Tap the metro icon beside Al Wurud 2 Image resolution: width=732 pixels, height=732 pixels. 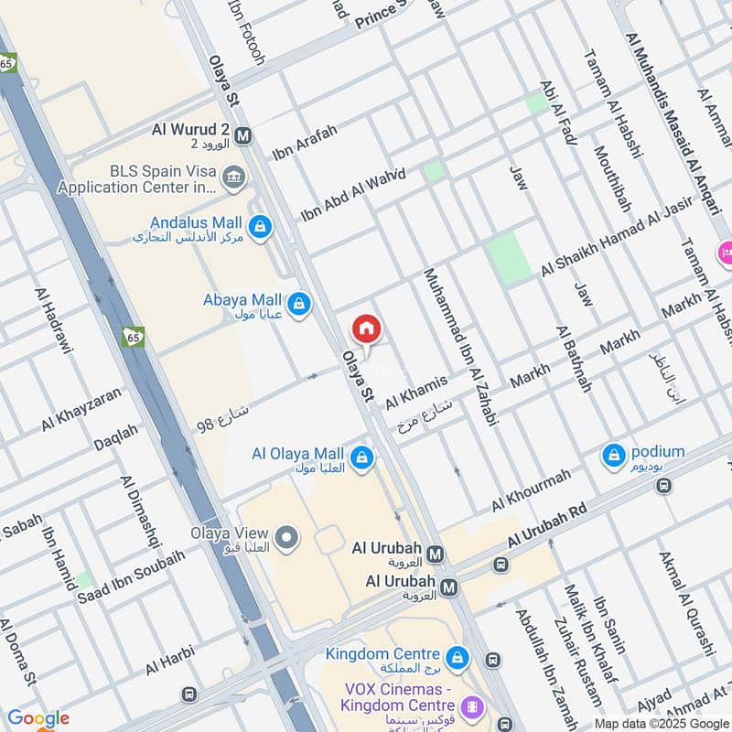(x=242, y=136)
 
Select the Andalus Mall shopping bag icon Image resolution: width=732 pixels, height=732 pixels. (x=261, y=226)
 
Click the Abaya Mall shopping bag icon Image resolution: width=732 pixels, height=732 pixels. (x=298, y=303)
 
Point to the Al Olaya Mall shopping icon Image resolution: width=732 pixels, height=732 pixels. (x=362, y=457)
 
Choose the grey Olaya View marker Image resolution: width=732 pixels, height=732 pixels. (x=287, y=538)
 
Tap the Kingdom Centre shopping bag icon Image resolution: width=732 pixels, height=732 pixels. (x=457, y=657)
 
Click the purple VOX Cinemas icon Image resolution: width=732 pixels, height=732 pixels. (x=472, y=705)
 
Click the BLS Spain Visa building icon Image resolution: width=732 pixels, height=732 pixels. (x=234, y=176)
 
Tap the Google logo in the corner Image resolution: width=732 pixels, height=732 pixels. (x=38, y=718)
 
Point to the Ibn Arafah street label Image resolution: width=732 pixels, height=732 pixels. (x=305, y=144)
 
